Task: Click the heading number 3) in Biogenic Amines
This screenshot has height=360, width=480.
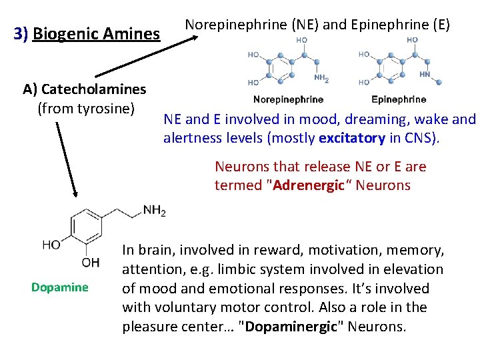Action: pyautogui.click(x=21, y=33)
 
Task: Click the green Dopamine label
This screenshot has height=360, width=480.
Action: pyautogui.click(x=59, y=287)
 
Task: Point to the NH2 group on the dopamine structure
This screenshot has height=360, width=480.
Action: pyautogui.click(x=154, y=211)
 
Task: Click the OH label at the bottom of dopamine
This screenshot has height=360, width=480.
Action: pyautogui.click(x=91, y=262)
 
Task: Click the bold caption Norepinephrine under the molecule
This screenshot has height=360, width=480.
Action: pyautogui.click(x=288, y=99)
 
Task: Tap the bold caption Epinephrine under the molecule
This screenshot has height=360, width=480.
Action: pyautogui.click(x=398, y=99)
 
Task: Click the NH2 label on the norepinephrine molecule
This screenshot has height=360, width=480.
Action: pyautogui.click(x=321, y=78)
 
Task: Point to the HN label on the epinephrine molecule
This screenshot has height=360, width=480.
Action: pyautogui.click(x=425, y=75)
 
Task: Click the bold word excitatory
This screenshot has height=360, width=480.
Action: pyautogui.click(x=351, y=139)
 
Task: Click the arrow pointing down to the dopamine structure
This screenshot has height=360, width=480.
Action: pyautogui.click(x=67, y=160)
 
